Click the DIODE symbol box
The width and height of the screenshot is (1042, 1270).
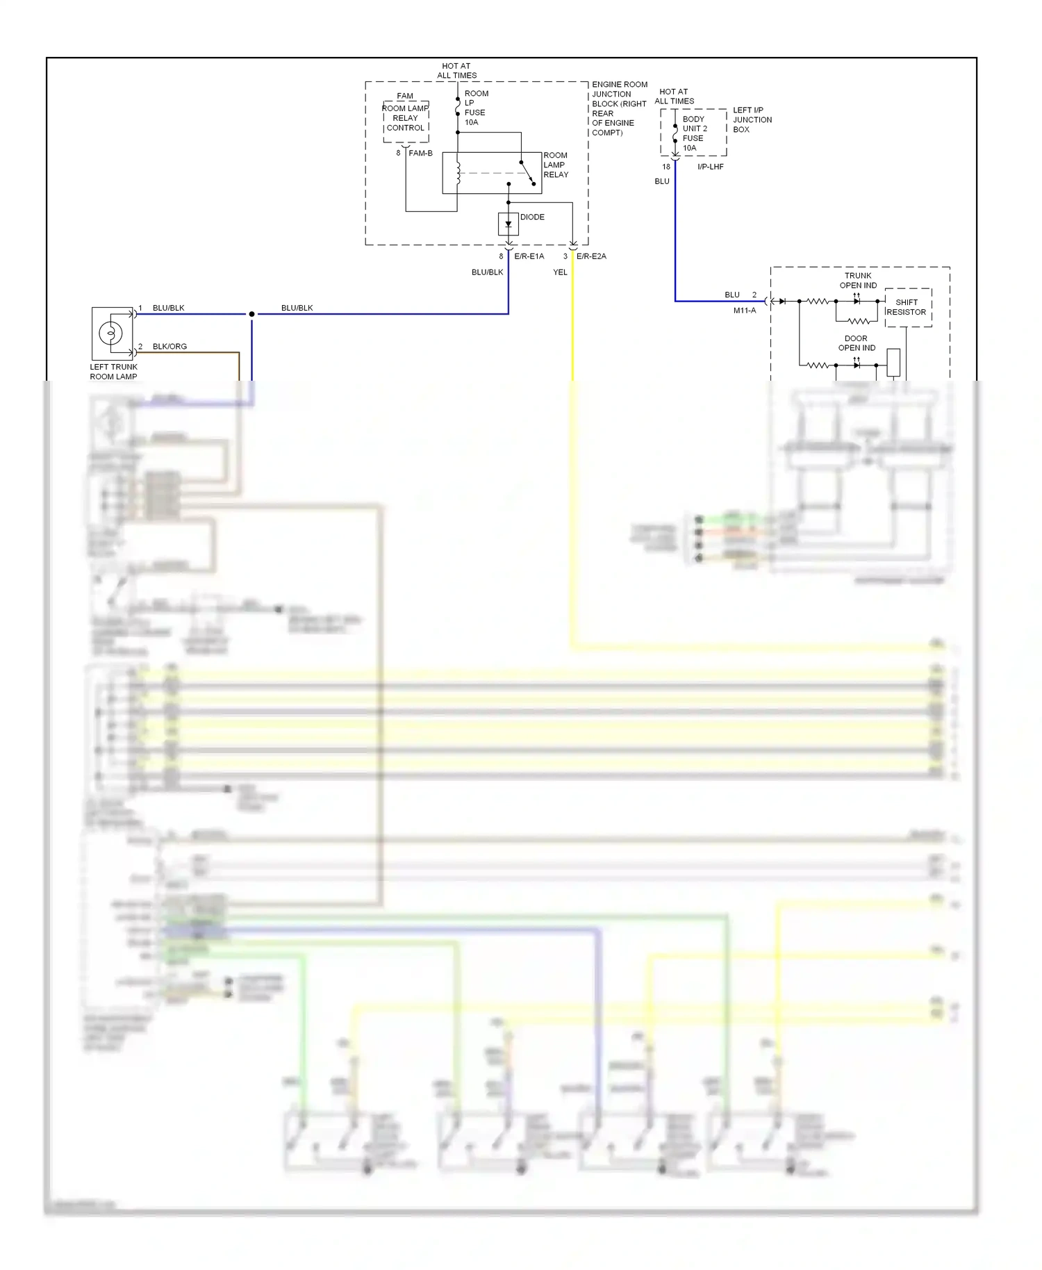pyautogui.click(x=508, y=224)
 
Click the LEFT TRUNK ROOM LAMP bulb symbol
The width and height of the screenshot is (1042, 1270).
pyautogui.click(x=110, y=333)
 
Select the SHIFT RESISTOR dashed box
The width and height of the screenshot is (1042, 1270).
pyautogui.click(x=907, y=307)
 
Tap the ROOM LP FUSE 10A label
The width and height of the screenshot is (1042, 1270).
pyautogui.click(x=476, y=108)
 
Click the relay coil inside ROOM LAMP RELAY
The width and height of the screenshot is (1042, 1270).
pyautogui.click(x=458, y=174)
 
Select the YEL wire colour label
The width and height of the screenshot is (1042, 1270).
pyautogui.click(x=560, y=272)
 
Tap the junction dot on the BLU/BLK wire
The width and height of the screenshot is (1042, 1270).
pyautogui.click(x=251, y=314)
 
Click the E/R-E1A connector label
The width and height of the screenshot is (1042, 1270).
pyautogui.click(x=529, y=256)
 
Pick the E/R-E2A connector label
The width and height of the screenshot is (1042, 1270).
pyautogui.click(x=591, y=256)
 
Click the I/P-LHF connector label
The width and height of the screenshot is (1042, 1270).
pyautogui.click(x=710, y=167)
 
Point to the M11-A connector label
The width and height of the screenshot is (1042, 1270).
pyautogui.click(x=744, y=311)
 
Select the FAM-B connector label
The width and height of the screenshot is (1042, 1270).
pyautogui.click(x=420, y=153)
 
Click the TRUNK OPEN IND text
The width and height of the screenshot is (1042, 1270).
pyautogui.click(x=858, y=281)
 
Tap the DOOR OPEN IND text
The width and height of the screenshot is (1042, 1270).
pyautogui.click(x=857, y=343)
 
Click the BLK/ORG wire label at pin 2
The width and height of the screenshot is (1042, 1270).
pyautogui.click(x=169, y=346)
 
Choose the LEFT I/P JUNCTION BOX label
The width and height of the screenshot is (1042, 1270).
pyautogui.click(x=752, y=119)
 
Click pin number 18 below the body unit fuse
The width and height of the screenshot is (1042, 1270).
pyautogui.click(x=665, y=167)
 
